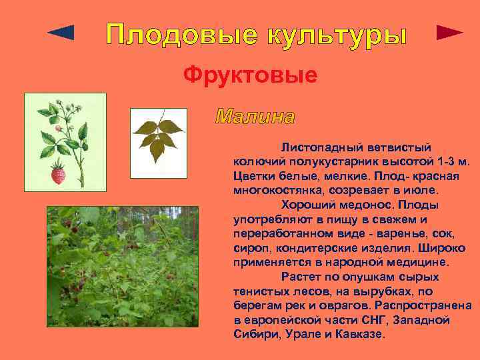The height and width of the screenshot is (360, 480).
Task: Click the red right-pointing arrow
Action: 449,33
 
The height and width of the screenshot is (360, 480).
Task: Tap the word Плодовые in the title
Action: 177,35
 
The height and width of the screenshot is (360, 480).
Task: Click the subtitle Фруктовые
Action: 251,75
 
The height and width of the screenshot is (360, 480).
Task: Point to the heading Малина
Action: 255,117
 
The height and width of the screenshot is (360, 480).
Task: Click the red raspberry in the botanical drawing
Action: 59,175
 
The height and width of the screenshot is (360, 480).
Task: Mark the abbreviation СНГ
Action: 362,320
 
